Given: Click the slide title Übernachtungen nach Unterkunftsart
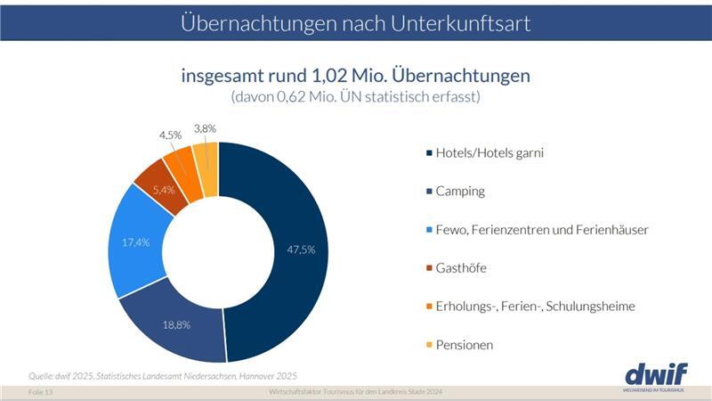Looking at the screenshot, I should click(x=356, y=22).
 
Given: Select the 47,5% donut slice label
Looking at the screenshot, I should click(x=301, y=250).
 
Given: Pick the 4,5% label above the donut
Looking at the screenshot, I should click(x=170, y=135).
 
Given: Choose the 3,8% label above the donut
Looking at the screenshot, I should click(x=205, y=128).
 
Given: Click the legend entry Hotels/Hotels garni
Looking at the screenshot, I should click(x=489, y=152).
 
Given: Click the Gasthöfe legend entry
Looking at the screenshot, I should click(x=460, y=267).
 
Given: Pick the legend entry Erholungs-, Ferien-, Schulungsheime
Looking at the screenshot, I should click(x=535, y=306).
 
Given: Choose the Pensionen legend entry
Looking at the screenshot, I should click(x=464, y=344).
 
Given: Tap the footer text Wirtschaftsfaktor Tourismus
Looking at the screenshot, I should click(x=355, y=392).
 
